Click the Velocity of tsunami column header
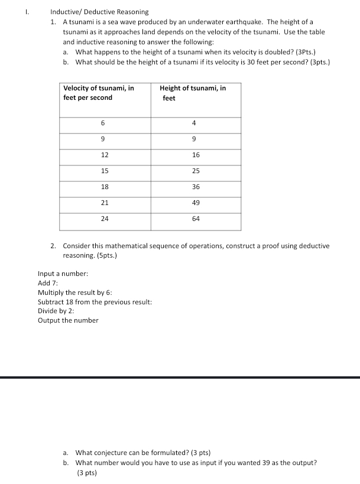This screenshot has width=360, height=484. click(99, 93)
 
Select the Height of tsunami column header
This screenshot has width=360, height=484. click(193, 93)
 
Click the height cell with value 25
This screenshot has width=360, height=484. click(196, 171)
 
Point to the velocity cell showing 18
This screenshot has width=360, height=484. click(105, 187)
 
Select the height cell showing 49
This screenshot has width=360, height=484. click(196, 203)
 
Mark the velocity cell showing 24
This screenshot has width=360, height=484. click(105, 219)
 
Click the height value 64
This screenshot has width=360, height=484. click(196, 219)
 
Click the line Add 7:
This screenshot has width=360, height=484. click(47, 283)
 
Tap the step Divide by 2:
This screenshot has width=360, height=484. click(56, 311)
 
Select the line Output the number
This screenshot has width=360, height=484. click(68, 320)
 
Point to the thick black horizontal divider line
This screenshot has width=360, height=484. click(180, 377)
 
